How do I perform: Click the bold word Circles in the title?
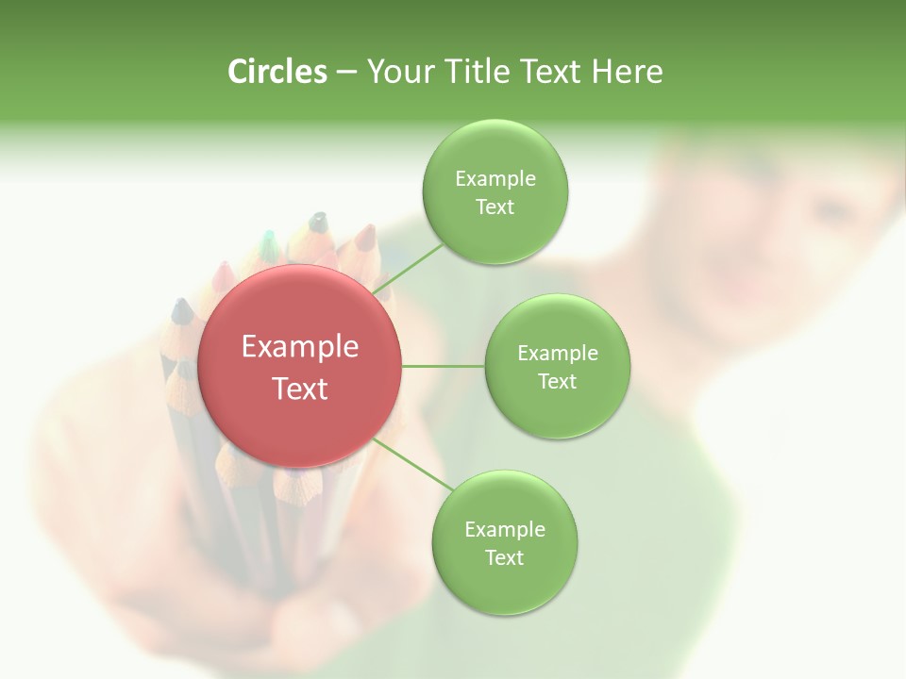click(277, 72)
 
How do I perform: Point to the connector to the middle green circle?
click(443, 366)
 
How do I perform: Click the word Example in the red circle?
click(299, 347)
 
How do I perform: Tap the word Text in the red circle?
click(299, 389)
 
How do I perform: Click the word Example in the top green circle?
click(495, 178)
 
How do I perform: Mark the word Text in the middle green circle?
click(557, 381)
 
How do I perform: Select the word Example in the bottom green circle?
click(504, 529)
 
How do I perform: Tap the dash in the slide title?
click(346, 72)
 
